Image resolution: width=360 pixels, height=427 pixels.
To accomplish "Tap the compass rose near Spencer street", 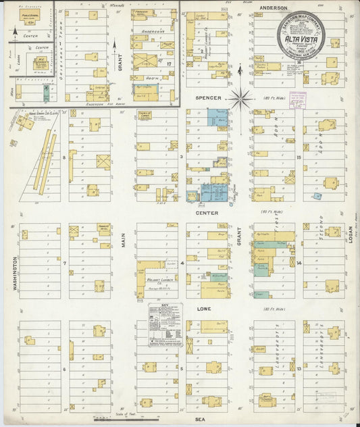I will (240, 99).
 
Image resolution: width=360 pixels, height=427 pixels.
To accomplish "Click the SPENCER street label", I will (208, 97).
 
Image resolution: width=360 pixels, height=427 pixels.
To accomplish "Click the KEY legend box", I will (165, 324).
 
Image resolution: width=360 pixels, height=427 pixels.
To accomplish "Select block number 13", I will (299, 368).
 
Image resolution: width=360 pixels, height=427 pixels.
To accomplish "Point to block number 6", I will (64, 369).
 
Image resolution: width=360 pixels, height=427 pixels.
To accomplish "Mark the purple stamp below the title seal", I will (297, 99).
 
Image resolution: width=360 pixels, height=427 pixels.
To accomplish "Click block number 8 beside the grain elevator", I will (64, 157).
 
